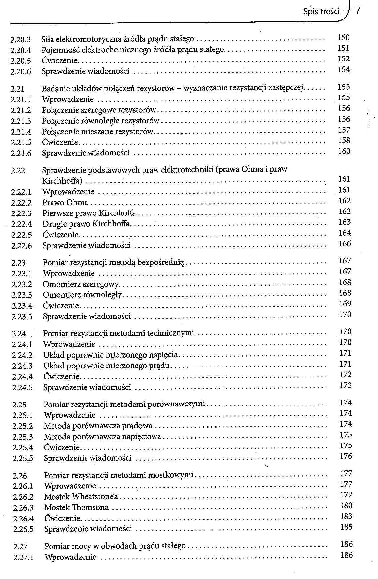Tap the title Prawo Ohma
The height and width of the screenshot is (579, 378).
(65, 203)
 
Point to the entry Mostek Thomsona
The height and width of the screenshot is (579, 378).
(76, 507)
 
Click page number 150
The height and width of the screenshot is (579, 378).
(343, 38)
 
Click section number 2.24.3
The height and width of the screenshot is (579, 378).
(22, 366)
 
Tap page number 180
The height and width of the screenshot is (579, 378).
(346, 506)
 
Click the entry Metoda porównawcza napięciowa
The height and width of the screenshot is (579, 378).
(102, 437)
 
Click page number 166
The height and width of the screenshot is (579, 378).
(345, 244)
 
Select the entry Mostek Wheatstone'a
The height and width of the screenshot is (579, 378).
(81, 497)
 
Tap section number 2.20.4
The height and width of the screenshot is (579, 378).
(21, 50)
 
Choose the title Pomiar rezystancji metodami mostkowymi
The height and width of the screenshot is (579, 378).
(119, 475)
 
